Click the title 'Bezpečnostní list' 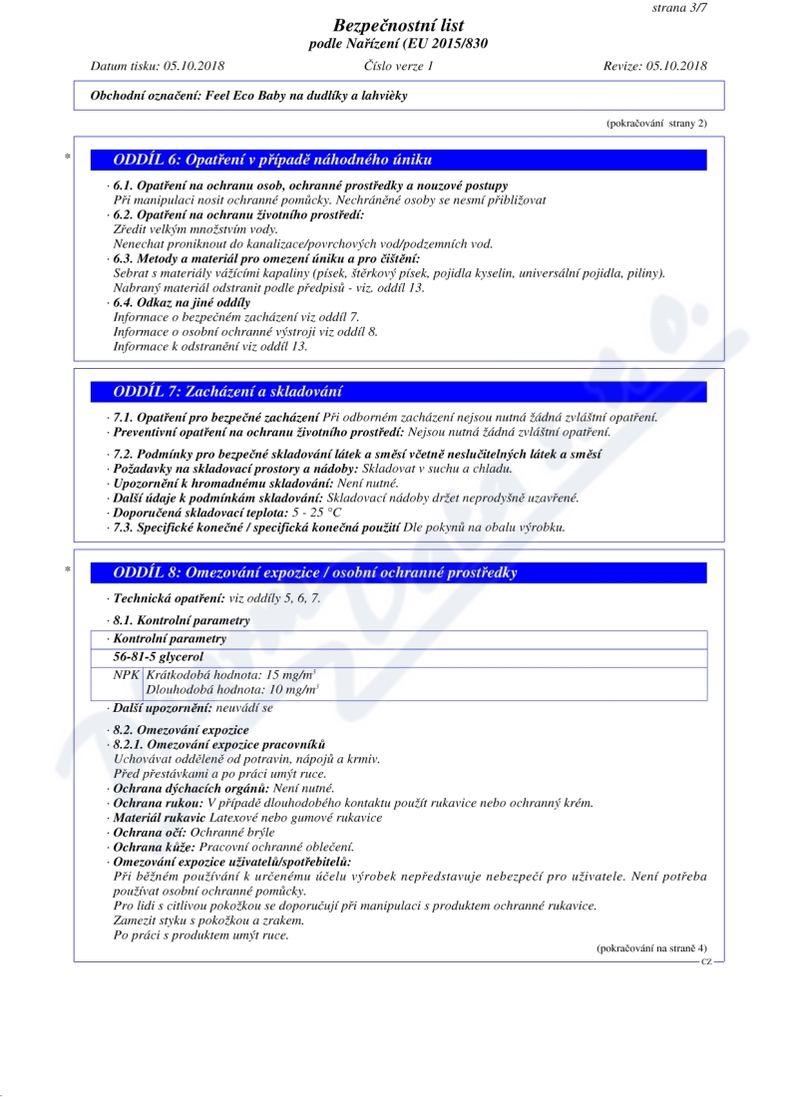coord(398,25)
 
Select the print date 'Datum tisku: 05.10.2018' coord(158,66)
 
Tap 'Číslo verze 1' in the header coord(399,66)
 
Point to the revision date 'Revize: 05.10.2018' coord(655,66)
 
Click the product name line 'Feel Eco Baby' coord(249,97)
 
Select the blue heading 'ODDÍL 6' coord(272,160)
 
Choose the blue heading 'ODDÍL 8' coord(315,572)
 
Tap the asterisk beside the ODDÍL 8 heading coord(67,571)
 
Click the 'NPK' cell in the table coord(128,675)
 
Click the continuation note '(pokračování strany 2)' coord(656,123)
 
